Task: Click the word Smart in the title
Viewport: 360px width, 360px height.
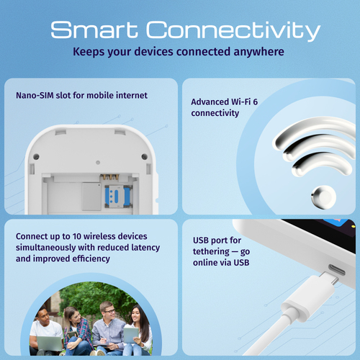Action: pos(96,30)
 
